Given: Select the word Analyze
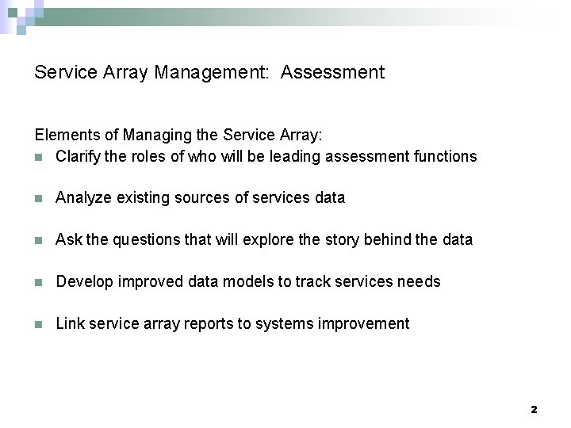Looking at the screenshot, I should [84, 197].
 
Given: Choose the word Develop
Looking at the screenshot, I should [84, 281].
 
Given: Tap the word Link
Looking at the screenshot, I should [69, 323].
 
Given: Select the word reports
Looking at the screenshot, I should [208, 323].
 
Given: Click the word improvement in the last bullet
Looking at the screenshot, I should [366, 323].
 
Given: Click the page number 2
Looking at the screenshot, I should [534, 410].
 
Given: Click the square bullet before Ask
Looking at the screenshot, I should [39, 240].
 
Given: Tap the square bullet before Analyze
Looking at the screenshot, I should [39, 198].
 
